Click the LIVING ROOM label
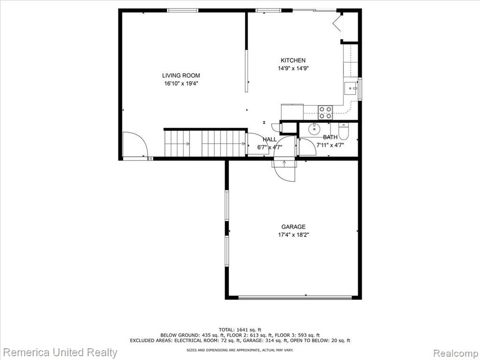[x=181, y=75]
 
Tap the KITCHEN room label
[x=293, y=60]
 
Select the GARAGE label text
[x=293, y=227]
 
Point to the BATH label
[x=330, y=137]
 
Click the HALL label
[x=270, y=139]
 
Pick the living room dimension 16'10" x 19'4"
[x=181, y=83]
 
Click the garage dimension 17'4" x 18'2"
[x=293, y=235]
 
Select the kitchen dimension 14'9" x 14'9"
[x=293, y=68]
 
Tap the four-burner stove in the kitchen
[x=325, y=112]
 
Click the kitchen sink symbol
[x=351, y=89]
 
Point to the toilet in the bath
[x=344, y=131]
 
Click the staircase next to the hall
[x=205, y=143]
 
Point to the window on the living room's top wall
[x=182, y=10]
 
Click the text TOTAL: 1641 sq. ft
[x=240, y=330]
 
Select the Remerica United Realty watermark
[x=60, y=352]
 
